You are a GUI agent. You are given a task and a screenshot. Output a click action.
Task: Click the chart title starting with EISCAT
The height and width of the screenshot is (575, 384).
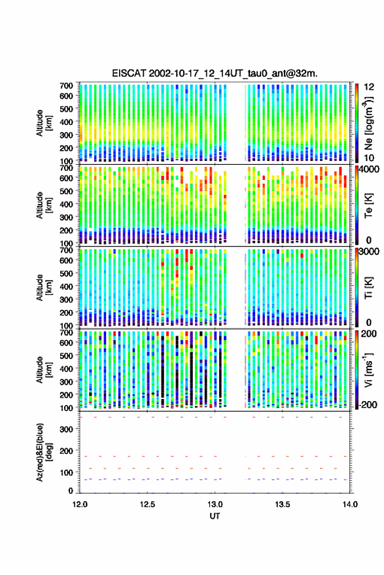point(215,73)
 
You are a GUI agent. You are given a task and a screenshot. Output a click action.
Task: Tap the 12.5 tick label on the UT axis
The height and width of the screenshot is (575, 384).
point(147,504)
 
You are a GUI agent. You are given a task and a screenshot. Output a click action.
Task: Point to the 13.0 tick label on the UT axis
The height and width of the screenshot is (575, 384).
point(215,504)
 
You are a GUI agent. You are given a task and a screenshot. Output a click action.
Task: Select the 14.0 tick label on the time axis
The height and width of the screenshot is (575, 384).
point(350,504)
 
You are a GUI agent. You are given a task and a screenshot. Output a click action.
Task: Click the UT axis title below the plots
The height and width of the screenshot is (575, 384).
point(215,516)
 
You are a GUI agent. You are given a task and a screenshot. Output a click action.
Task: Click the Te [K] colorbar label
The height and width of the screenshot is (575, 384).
point(368,205)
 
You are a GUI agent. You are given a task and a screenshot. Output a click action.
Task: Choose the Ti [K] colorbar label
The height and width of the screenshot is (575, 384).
point(368,287)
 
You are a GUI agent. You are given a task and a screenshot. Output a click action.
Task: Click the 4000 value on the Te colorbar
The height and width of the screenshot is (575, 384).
point(370,169)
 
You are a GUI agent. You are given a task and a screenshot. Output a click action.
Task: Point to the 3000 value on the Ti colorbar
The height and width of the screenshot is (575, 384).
point(370,252)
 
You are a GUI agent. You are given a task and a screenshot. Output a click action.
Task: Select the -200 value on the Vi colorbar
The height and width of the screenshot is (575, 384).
point(368,405)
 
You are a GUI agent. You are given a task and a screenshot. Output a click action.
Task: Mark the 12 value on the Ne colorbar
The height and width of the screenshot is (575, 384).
point(369,87)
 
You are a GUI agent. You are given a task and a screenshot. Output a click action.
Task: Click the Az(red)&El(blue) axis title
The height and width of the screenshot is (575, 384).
point(44,452)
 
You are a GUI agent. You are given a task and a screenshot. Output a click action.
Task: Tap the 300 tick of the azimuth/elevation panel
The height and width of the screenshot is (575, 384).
point(66,429)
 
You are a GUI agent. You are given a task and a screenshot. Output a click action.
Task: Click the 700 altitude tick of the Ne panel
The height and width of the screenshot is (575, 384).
point(66,86)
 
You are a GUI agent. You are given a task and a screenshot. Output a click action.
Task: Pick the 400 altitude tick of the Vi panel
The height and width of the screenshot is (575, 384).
point(66,368)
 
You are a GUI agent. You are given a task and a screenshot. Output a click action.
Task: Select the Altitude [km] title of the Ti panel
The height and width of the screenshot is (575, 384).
point(44,288)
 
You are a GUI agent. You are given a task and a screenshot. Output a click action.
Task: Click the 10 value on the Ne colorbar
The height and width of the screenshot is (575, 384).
point(369,158)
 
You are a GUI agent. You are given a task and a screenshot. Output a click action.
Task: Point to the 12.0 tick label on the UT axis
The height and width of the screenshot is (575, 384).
point(80,504)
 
